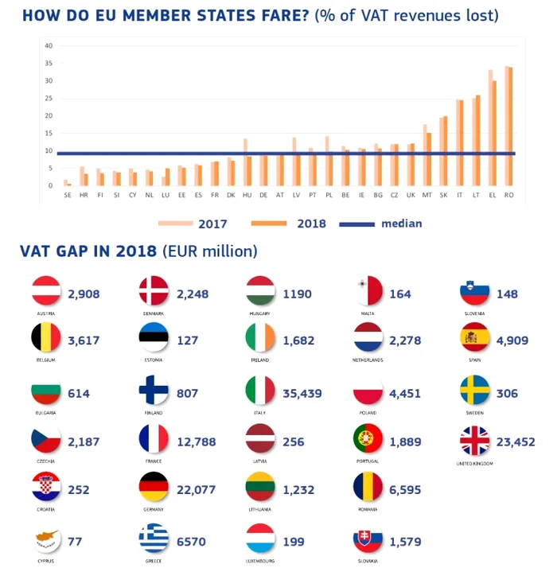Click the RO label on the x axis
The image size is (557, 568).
508,195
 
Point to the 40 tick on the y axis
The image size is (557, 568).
49,46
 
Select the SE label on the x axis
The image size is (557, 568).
67,195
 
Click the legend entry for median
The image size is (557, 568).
401,224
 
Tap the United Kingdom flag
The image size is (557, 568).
474,441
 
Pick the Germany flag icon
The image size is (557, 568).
154,488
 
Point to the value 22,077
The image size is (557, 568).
195,490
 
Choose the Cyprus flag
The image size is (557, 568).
46,540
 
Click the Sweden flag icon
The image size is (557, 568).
474,391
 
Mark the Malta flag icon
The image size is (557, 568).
368,292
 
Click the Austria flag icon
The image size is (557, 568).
46,292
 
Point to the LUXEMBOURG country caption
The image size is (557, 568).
260,559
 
